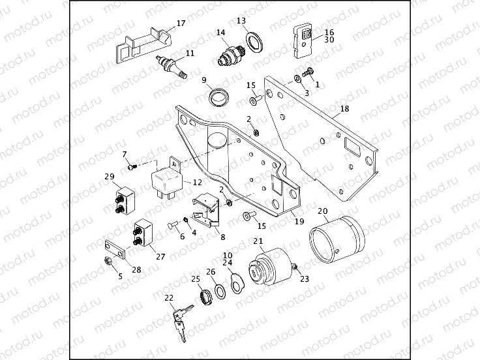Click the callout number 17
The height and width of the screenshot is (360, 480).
[x=181, y=23]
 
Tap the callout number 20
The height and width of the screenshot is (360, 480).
[x=322, y=211]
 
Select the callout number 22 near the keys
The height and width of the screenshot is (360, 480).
[x=169, y=297]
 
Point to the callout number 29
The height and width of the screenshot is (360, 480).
[x=109, y=176]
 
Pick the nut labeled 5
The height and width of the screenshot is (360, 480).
[x=109, y=262]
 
